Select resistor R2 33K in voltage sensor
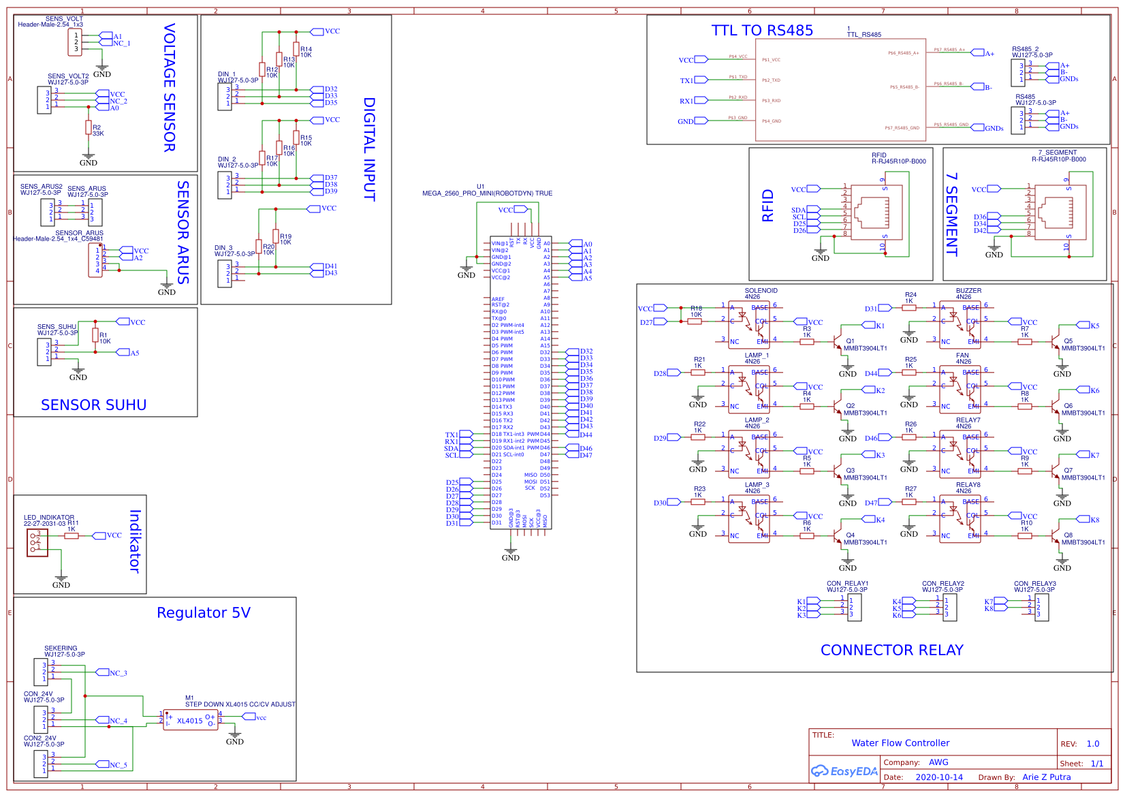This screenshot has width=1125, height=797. point(88,127)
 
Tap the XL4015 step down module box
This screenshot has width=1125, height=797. point(190,720)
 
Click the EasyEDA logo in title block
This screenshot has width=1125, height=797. point(844,771)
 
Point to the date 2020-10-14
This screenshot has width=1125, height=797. point(938,777)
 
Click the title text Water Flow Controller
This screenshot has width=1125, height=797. point(900,743)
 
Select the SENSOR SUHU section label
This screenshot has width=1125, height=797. point(93,405)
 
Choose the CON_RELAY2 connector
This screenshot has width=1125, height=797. point(949,607)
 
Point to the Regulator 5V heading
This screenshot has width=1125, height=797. point(203,613)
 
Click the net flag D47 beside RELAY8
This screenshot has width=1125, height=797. point(884,503)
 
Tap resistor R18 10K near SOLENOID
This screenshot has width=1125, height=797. point(695,322)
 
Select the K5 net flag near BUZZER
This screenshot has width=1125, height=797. point(1083,326)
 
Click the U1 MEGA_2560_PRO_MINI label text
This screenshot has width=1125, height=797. point(487,193)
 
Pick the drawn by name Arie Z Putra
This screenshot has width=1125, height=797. point(1046,777)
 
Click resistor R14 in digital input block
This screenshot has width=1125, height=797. point(296,49)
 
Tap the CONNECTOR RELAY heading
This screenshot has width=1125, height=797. point(891,651)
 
